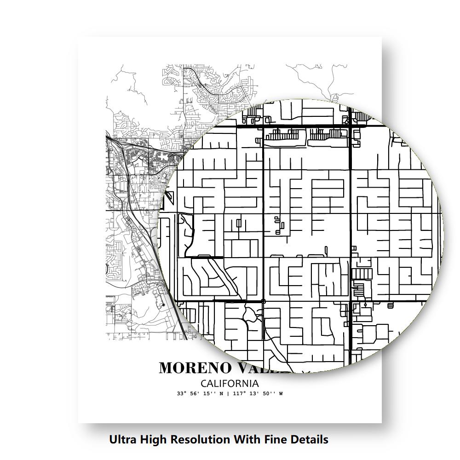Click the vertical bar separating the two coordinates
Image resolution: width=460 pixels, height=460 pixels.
tap(229, 394)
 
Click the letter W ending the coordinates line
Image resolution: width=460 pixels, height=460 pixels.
tap(281, 394)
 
